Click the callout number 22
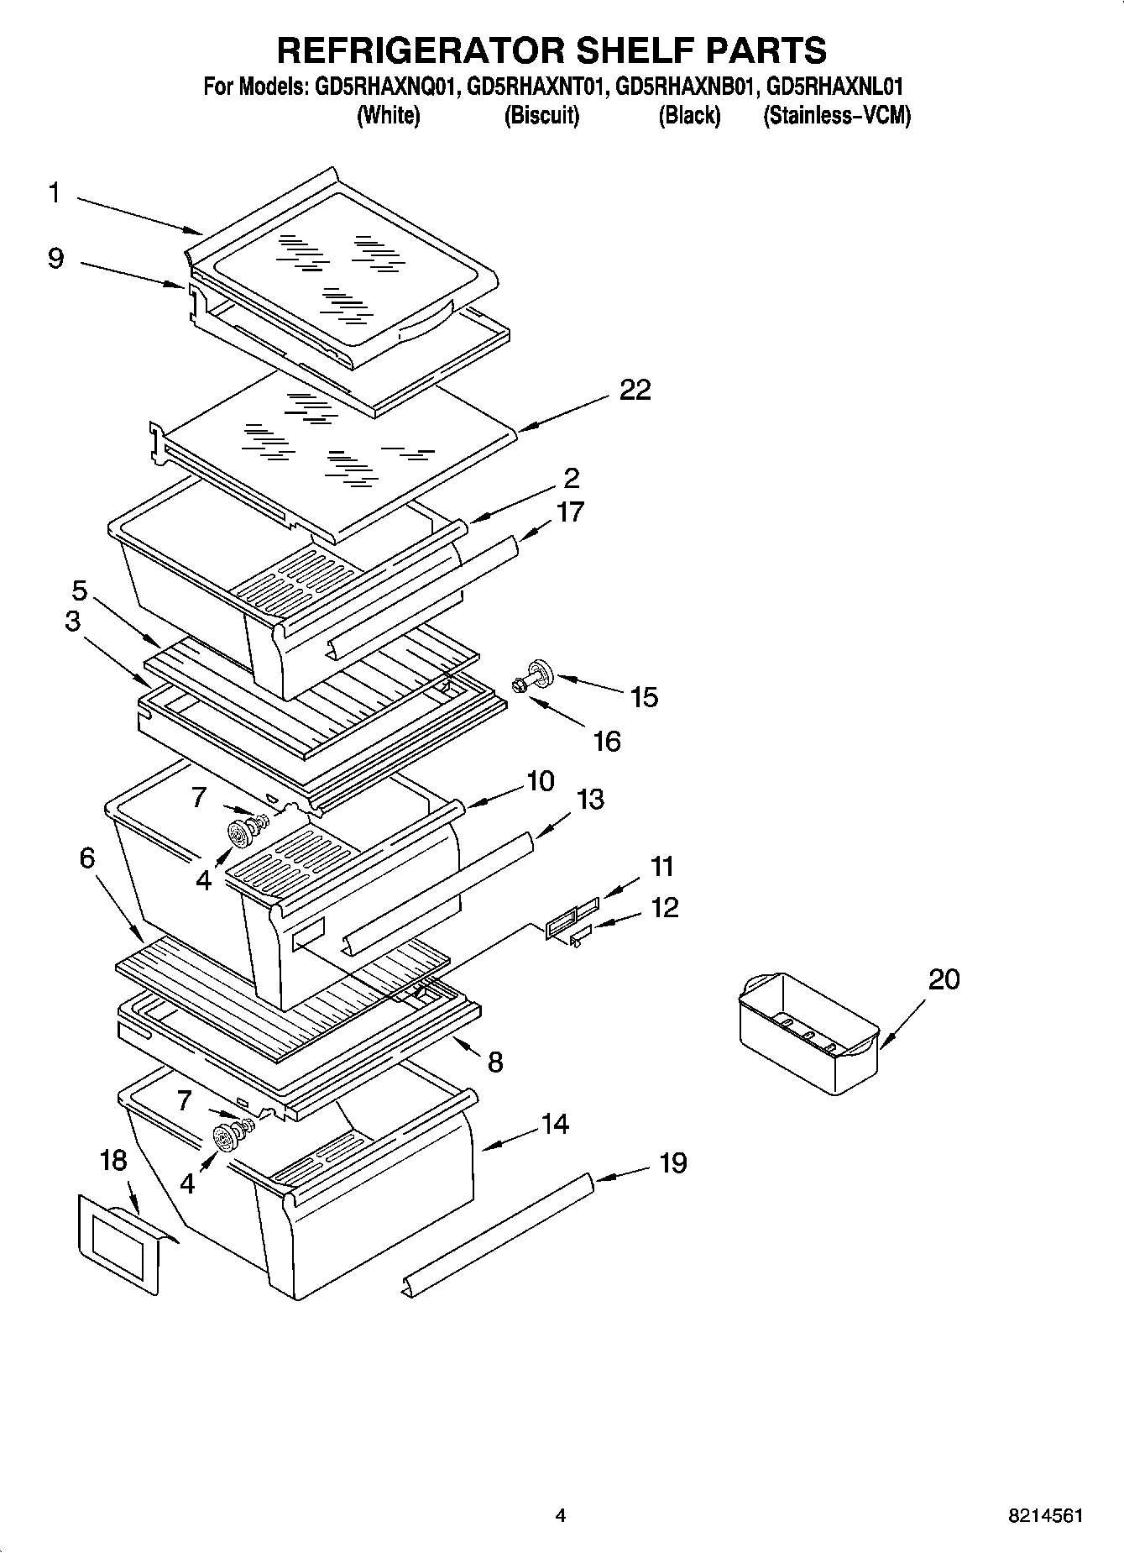coord(635,390)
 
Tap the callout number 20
coord(944,979)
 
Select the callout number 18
coord(113,1161)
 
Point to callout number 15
coord(644,696)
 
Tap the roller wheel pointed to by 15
coord(542,674)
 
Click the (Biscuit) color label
coord(541,115)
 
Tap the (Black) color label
coord(689,115)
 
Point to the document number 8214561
coord(1045,1516)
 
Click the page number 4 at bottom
coord(561,1516)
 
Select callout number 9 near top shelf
coord(55,258)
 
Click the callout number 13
coord(590,799)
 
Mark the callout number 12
coord(664,907)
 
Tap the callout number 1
coord(54,193)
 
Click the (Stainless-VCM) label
coord(836,115)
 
